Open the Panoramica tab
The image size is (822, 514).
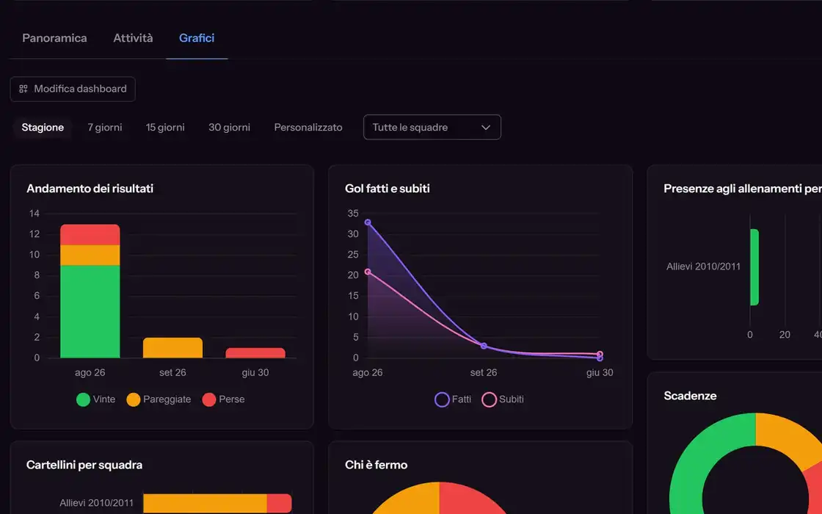coord(54,37)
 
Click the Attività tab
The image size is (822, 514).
coord(133,37)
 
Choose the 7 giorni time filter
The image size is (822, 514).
coord(105,128)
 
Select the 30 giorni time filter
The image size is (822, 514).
coord(229,128)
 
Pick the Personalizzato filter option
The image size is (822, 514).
coord(308,128)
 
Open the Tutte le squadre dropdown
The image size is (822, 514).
coord(432,127)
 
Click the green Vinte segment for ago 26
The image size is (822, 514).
coord(90,311)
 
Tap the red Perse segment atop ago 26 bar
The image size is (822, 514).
coord(90,234)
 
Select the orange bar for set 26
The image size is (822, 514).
coord(172,348)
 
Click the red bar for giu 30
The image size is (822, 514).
coord(255,353)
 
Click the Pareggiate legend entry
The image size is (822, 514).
coord(159,399)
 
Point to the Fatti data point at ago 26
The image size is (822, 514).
coord(368,222)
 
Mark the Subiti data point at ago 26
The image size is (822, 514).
coord(368,272)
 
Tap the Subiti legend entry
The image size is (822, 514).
coord(503,399)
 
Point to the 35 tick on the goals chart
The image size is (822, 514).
coord(353,214)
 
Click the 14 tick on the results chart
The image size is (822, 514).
coord(34,214)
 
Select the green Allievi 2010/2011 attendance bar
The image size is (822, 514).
coord(754,267)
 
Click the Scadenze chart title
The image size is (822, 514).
coord(690,396)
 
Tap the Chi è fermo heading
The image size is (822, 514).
coord(376,465)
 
